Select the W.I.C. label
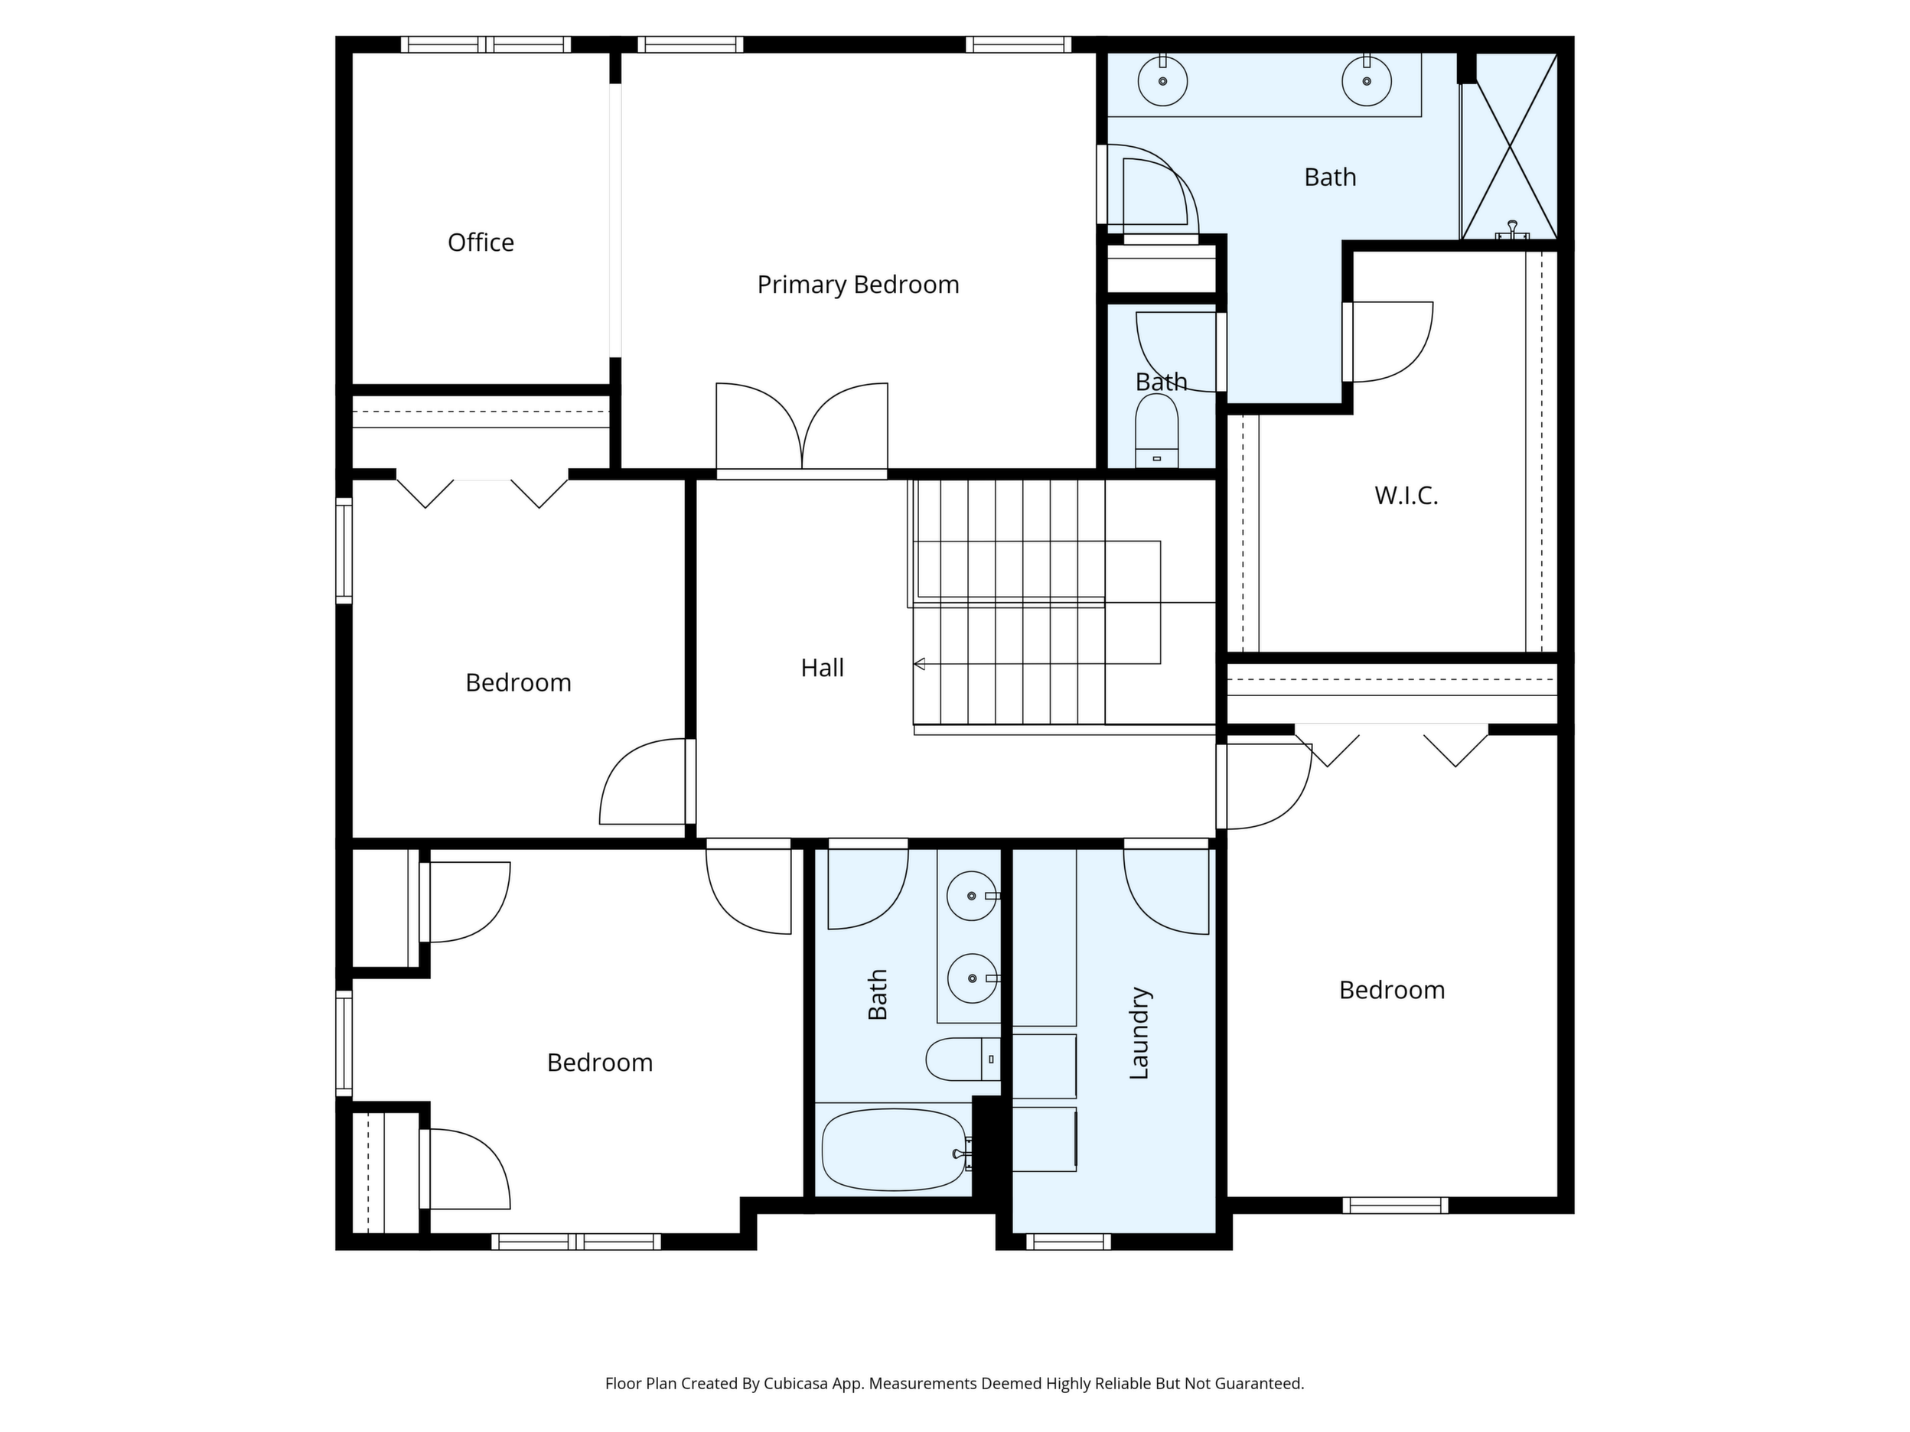coord(1406,496)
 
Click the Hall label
coord(822,667)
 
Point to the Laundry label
coord(1139,1033)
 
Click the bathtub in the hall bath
coord(894,1150)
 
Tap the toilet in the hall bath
coord(963,1059)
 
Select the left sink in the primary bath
coord(1162,80)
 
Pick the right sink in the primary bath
coord(1367,80)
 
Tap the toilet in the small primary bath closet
coord(1157,431)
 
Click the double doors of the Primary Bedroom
coord(802,429)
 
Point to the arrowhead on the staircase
coord(920,664)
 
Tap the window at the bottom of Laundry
coord(1068,1242)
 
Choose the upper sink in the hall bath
coord(973,896)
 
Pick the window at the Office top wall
coord(486,44)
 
